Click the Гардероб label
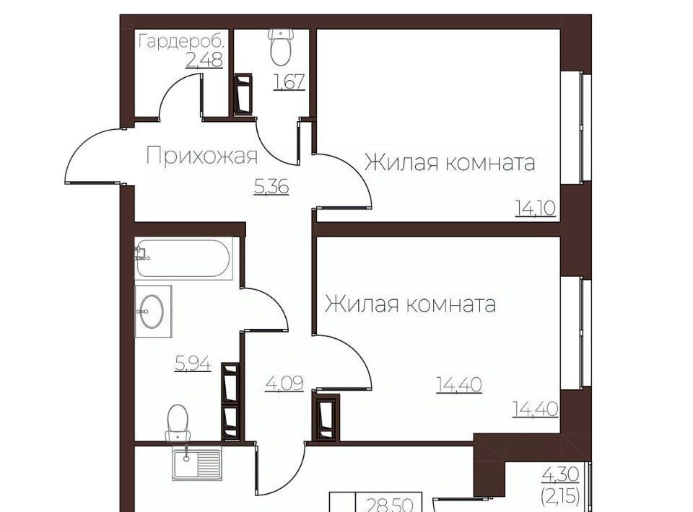click(x=182, y=42)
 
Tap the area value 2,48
click(x=204, y=60)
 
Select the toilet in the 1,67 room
click(x=280, y=47)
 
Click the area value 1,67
click(x=289, y=81)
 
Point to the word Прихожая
click(x=201, y=156)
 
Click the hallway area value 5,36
click(x=271, y=187)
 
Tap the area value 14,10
click(x=535, y=208)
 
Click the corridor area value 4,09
click(x=284, y=384)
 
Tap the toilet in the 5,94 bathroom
click(x=178, y=423)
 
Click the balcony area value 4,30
click(x=560, y=475)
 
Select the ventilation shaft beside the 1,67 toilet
click(x=243, y=94)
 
